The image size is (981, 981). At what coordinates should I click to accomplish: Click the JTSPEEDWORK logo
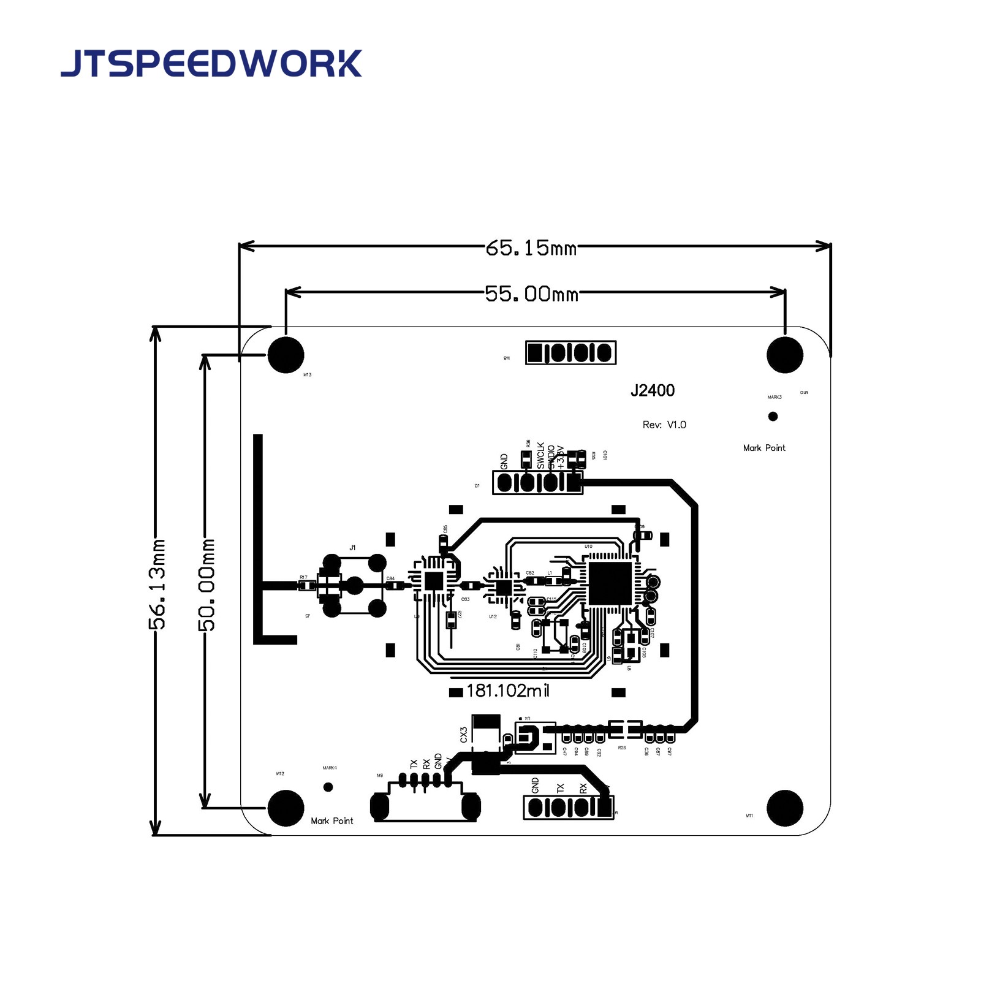[x=211, y=64]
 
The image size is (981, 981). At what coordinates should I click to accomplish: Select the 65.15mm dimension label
[x=531, y=248]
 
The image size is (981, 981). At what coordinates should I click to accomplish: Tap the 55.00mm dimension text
[x=531, y=294]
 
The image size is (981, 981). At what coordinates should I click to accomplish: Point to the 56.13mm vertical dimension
[x=157, y=583]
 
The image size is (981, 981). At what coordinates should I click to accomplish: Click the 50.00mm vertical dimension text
[x=206, y=585]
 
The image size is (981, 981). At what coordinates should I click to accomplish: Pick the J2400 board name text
[x=653, y=391]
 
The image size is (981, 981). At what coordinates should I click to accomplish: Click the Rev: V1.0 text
[x=664, y=425]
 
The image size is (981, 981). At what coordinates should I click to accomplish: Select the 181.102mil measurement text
[x=507, y=691]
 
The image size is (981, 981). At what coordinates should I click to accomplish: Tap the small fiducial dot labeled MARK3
[x=773, y=417]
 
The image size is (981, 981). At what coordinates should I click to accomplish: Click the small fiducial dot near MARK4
[x=328, y=787]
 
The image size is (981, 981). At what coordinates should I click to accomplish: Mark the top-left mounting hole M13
[x=286, y=354]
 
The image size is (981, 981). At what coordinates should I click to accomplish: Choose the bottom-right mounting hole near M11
[x=785, y=808]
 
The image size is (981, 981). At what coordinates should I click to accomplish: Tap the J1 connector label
[x=352, y=548]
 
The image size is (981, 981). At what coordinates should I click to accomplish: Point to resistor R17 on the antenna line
[x=304, y=586]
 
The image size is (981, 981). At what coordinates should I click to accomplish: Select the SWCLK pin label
[x=540, y=456]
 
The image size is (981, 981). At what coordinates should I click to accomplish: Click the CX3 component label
[x=464, y=735]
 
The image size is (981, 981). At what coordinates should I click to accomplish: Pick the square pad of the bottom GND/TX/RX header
[x=605, y=807]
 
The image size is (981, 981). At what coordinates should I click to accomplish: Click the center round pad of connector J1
[x=355, y=586]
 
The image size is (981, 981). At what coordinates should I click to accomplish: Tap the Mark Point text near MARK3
[x=764, y=448]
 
